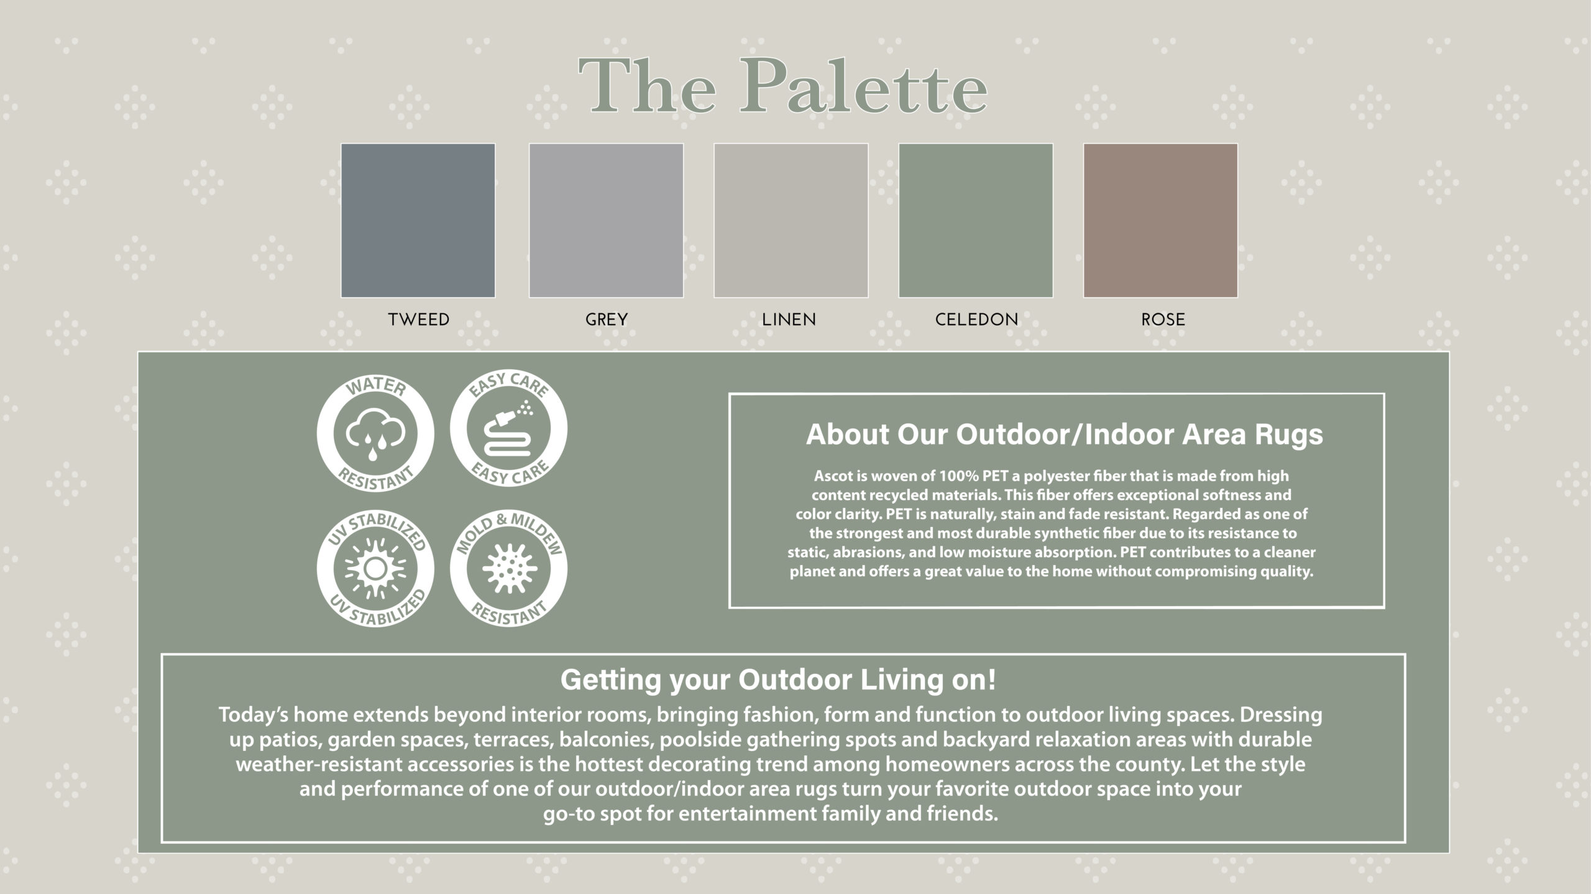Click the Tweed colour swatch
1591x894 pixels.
click(418, 221)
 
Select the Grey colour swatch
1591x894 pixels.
click(606, 221)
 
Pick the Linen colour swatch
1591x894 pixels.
click(791, 221)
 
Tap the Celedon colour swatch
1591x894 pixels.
click(976, 221)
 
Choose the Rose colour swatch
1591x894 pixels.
click(1160, 221)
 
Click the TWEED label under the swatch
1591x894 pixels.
click(418, 320)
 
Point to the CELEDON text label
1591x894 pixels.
click(976, 320)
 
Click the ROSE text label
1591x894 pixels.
click(1163, 320)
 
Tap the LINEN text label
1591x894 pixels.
click(789, 320)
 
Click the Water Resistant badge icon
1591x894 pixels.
click(375, 433)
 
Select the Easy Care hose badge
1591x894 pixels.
click(508, 429)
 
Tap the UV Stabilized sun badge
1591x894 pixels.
click(375, 568)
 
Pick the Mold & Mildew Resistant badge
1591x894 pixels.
click(508, 568)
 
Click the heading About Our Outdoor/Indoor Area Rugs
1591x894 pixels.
click(1064, 435)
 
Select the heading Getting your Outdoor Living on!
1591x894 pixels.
click(778, 680)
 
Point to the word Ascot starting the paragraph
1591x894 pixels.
click(832, 476)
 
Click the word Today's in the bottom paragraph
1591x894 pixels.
click(254, 716)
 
